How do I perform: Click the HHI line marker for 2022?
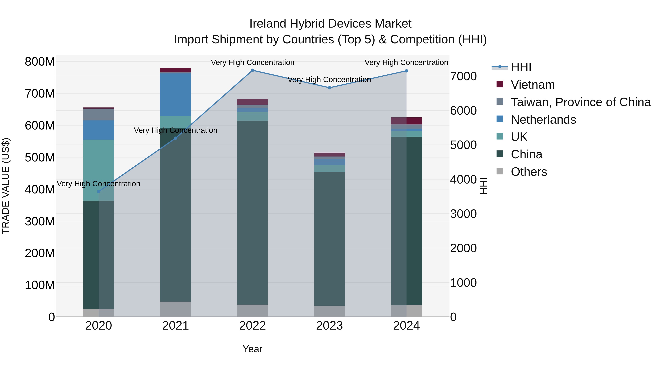point(252,70)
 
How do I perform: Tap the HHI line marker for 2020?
point(99,192)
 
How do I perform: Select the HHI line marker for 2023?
point(329,88)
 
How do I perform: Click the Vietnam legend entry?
point(532,85)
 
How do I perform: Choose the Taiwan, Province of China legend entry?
point(580,102)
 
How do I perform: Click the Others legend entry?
point(529,172)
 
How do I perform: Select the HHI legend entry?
point(521,67)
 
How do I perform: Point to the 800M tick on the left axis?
point(40,62)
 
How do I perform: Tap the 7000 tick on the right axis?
point(463,76)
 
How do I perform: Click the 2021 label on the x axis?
point(176,326)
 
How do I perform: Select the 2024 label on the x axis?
point(407,326)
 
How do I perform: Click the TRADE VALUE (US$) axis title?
point(6,186)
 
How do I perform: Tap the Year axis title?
point(252,349)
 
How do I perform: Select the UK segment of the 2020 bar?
point(99,170)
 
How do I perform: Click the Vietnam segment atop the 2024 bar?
point(407,121)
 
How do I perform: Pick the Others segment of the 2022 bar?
point(252,311)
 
